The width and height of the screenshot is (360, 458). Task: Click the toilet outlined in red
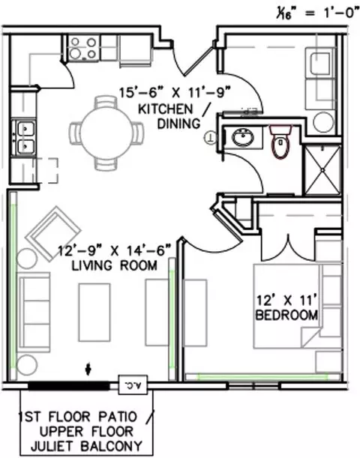tap(280, 142)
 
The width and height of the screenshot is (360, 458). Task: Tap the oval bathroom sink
tap(243, 137)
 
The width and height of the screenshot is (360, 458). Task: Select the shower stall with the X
tap(322, 170)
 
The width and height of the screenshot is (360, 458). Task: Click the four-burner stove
tap(84, 48)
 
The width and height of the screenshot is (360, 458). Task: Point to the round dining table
tap(106, 133)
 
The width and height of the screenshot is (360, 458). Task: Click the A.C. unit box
tap(133, 385)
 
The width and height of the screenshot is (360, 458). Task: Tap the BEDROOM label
tap(286, 315)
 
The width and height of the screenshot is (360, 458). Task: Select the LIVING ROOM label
tap(115, 265)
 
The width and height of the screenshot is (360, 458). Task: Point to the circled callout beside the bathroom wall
tap(211, 137)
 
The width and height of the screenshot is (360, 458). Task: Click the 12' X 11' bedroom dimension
tap(286, 300)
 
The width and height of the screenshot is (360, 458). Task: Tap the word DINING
tap(178, 124)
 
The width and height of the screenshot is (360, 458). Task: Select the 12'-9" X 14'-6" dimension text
tap(114, 250)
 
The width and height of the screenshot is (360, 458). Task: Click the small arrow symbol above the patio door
tap(88, 370)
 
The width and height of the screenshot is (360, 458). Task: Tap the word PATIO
tap(118, 417)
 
